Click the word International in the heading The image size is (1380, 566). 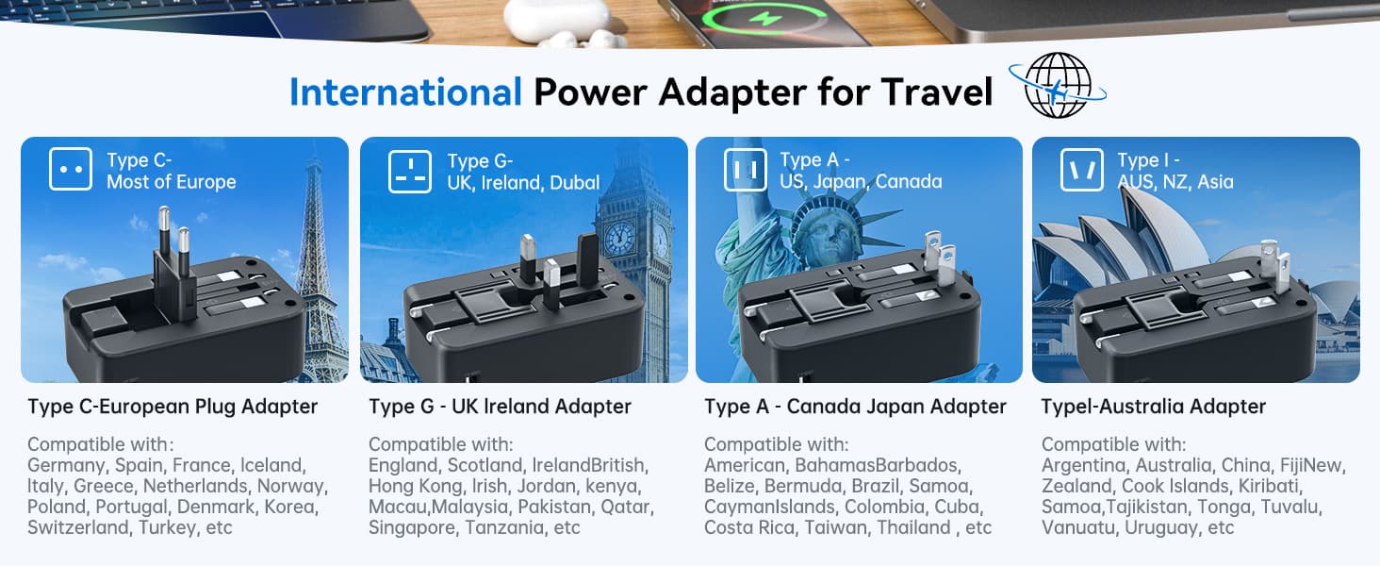click(x=405, y=92)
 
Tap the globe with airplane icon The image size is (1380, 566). click(x=1058, y=85)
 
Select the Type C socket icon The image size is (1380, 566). click(x=71, y=169)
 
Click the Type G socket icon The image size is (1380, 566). click(x=410, y=172)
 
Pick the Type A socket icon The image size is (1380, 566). click(x=746, y=170)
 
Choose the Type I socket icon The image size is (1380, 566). click(x=1082, y=170)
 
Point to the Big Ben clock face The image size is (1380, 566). click(x=619, y=238)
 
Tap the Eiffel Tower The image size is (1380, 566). click(x=317, y=265)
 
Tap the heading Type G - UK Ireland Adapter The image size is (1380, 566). click(x=501, y=407)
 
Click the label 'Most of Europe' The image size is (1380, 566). click(x=172, y=182)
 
